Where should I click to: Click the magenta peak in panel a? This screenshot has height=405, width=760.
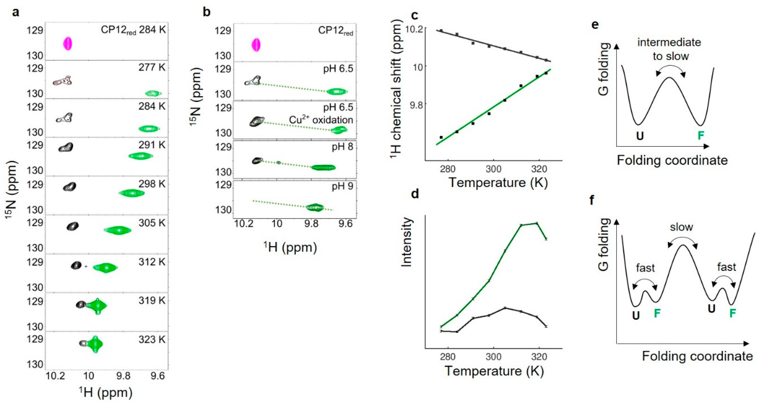click(x=68, y=44)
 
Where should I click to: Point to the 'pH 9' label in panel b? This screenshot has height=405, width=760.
click(x=342, y=186)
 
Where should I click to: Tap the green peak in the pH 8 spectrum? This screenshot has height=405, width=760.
click(x=324, y=167)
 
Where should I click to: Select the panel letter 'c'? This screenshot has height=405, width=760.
click(x=414, y=15)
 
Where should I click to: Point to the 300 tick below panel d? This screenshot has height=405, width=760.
click(x=493, y=357)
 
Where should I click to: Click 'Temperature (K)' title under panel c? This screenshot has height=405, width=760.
click(x=498, y=183)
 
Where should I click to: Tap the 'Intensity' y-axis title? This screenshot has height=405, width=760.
click(x=407, y=242)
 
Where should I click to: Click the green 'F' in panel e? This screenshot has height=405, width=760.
click(x=701, y=136)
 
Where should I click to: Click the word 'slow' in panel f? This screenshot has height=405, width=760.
click(x=681, y=227)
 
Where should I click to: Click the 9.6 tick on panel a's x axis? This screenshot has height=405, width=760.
click(x=157, y=376)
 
